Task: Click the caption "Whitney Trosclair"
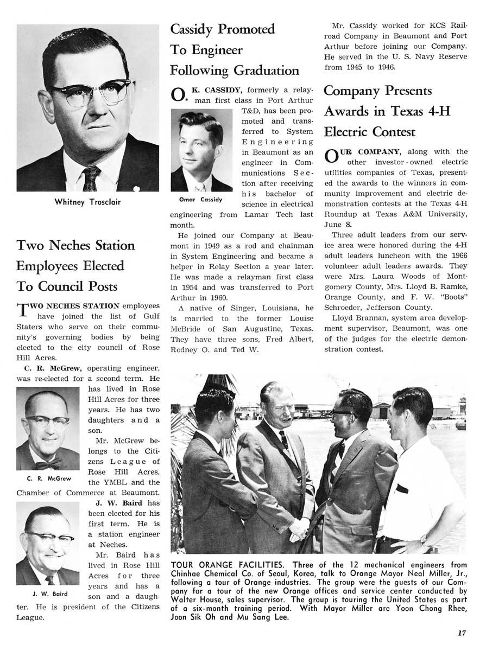click(x=87, y=202)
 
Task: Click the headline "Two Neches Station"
click(x=75, y=246)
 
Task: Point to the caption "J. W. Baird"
click(x=49, y=594)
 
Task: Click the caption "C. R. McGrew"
click(x=49, y=479)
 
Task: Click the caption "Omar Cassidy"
click(x=200, y=199)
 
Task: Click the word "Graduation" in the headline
click(x=266, y=71)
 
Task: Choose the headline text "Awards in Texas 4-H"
click(x=387, y=111)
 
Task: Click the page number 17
click(x=462, y=632)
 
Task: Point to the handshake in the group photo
click(x=298, y=526)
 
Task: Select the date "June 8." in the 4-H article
click(x=333, y=225)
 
